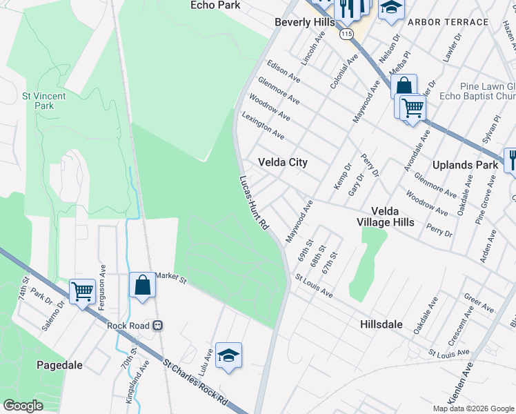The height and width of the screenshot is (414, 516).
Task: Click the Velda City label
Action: [282, 162]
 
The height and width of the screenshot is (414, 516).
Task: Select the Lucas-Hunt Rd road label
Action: [253, 203]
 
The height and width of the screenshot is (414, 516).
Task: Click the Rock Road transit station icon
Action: [157, 325]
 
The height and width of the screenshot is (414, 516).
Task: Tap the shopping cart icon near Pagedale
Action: [82, 291]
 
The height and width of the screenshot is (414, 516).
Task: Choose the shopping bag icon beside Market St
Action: [142, 285]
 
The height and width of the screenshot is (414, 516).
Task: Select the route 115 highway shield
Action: [346, 34]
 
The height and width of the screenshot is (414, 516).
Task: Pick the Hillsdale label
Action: [385, 324]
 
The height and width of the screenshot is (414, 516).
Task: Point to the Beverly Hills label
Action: [304, 22]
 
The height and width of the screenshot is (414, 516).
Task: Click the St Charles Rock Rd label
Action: [195, 380]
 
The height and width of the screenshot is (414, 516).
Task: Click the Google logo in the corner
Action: [23, 405]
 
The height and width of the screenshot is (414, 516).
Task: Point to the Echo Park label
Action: [215, 5]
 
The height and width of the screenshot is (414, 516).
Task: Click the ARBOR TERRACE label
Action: [448, 22]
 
